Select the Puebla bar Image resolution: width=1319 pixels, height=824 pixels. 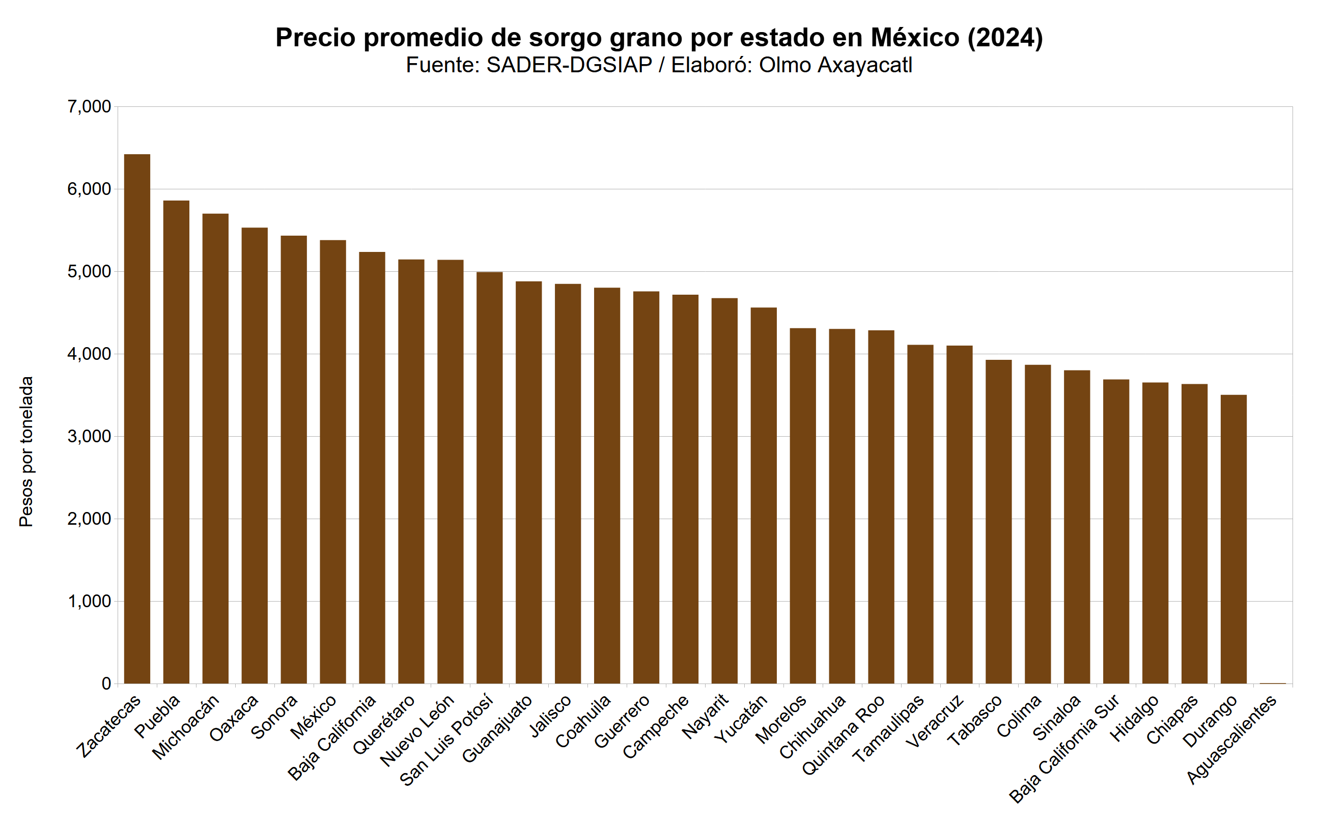(176, 441)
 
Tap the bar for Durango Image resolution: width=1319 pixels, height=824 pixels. (1233, 539)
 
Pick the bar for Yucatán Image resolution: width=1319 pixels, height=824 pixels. (764, 495)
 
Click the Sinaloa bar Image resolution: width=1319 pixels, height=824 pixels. (1077, 526)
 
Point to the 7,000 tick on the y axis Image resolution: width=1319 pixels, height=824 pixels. (90, 107)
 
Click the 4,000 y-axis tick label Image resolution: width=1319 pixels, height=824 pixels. (90, 354)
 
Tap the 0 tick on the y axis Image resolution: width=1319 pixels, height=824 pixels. (106, 684)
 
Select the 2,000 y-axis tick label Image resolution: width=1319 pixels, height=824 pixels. (90, 519)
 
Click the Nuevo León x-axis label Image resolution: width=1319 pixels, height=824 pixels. (417, 730)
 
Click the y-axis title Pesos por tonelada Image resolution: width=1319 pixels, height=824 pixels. (26, 451)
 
